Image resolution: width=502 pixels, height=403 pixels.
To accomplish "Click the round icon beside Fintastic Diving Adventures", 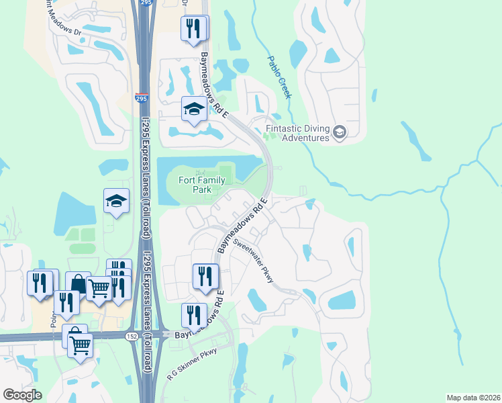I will (340, 132).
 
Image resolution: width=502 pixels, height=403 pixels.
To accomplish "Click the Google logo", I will (23, 395).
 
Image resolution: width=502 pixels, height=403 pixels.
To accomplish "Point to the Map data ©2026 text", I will (473, 398).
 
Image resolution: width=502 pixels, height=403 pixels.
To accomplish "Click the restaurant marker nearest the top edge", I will (194, 28).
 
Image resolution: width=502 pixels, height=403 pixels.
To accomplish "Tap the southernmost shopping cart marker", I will (81, 345).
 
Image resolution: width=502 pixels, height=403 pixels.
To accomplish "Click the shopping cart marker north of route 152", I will (99, 288).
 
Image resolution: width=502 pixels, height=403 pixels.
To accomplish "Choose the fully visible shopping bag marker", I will (79, 283).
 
